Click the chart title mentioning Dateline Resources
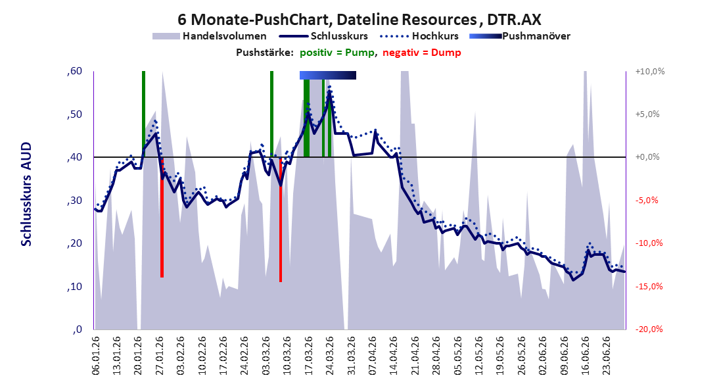pyautogui.click(x=359, y=19)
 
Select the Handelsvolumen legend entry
pyautogui.click(x=210, y=36)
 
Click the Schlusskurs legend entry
pyautogui.click(x=324, y=36)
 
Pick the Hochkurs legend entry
pyautogui.click(x=419, y=36)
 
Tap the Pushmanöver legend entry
pyautogui.click(x=520, y=36)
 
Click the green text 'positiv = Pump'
pyautogui.click(x=338, y=53)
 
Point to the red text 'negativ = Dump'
pyautogui.click(x=422, y=53)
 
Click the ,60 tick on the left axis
pyautogui.click(x=74, y=71)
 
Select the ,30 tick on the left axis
pyautogui.click(x=74, y=201)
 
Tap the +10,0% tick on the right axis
pyautogui.click(x=650, y=72)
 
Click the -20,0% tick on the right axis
pyautogui.click(x=649, y=329)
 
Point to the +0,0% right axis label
pyautogui.click(x=647, y=157)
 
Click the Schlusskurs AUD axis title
pyautogui.click(x=26, y=194)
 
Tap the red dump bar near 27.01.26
pyautogui.click(x=162, y=217)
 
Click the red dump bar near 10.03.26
pyautogui.click(x=281, y=220)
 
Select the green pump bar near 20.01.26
pyautogui.click(x=143, y=114)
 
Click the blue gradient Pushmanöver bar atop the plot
pyautogui.click(x=328, y=75)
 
